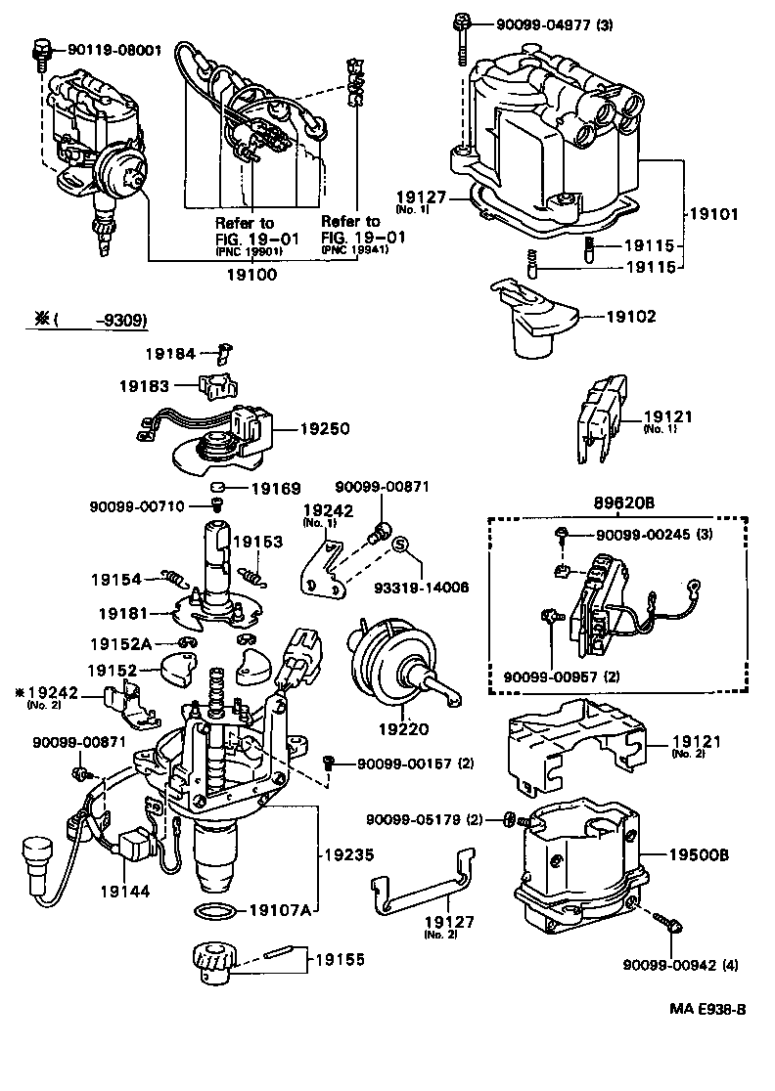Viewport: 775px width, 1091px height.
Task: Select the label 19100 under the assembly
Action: click(x=252, y=276)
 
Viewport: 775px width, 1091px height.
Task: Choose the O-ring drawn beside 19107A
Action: click(x=213, y=911)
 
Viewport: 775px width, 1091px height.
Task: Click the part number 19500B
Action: click(x=699, y=853)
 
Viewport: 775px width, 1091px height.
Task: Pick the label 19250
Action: click(x=324, y=427)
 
